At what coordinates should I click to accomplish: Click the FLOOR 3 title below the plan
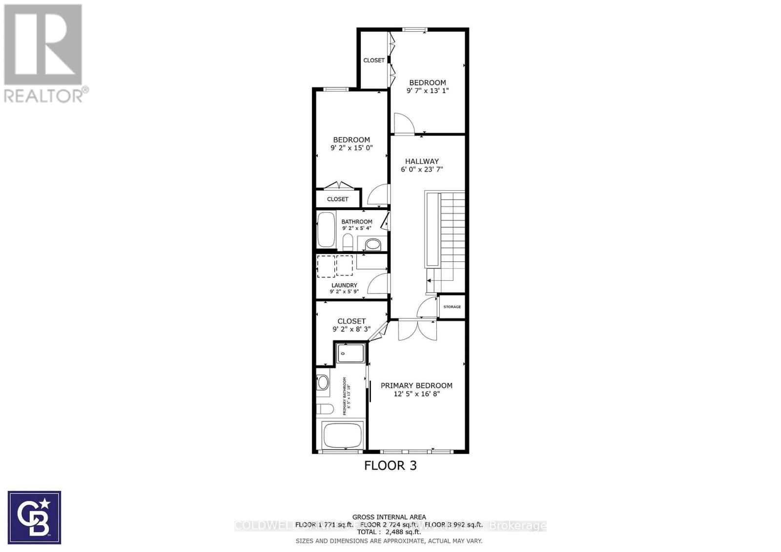point(390,465)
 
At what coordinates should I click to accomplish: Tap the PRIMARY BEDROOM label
point(416,385)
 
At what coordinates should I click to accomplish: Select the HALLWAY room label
point(422,161)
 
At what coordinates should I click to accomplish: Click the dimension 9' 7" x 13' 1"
point(428,91)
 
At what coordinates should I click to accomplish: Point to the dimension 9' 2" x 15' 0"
point(351,148)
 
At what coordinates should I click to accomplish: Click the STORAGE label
point(452,307)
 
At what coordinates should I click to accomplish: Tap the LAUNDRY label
point(344,285)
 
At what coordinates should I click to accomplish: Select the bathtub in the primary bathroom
point(342,435)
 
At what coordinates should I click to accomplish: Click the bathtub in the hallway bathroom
point(326,229)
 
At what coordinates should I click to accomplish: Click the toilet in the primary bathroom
point(324,409)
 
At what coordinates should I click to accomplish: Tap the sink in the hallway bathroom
point(373,243)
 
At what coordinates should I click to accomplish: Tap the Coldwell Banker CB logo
point(34,517)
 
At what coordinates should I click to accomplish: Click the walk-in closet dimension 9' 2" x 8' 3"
point(351,329)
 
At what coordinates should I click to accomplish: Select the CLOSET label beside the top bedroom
point(374,60)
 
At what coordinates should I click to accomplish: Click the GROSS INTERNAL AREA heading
point(389,517)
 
